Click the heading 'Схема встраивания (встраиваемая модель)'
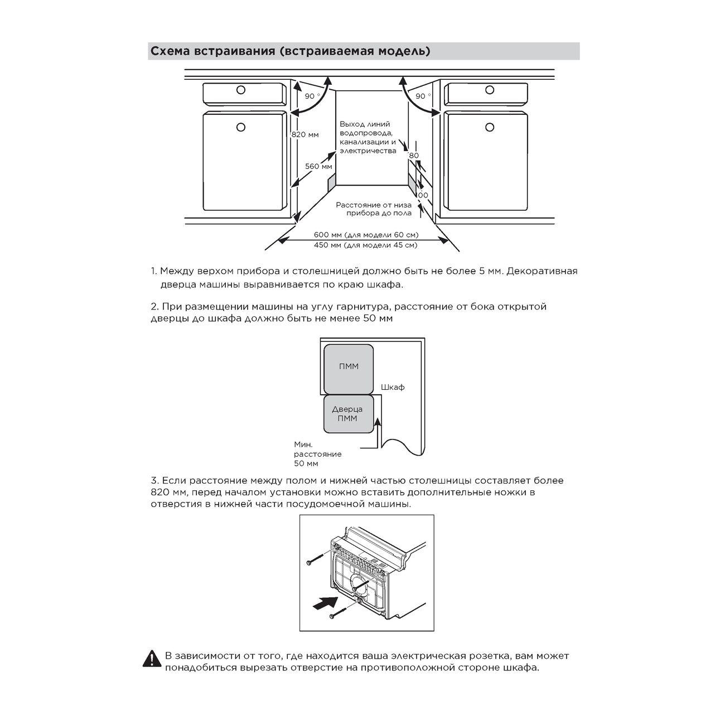coord(290,51)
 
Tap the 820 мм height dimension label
coord(306,134)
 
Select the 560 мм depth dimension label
coord(318,166)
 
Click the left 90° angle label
coord(312,96)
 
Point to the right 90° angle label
coord(423,96)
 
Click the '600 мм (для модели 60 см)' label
coord(366,234)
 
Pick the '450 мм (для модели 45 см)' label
coord(365,245)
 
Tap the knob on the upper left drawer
coord(240,90)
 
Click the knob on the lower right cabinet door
coord(490,127)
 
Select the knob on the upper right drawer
coord(490,90)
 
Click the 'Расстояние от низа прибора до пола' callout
coord(374,209)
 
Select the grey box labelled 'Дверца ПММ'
coord(348,414)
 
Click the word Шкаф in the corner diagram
coord(393,387)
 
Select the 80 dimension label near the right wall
coord(413,156)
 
